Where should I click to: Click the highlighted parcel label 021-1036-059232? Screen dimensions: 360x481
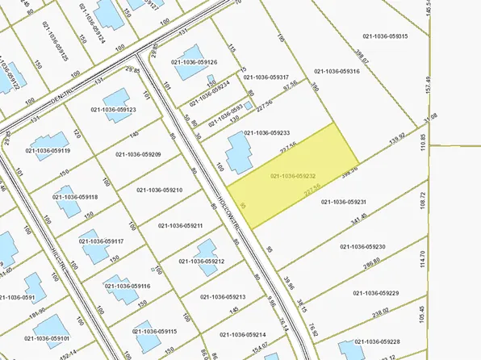tap(292, 175)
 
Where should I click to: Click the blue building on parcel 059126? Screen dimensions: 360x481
tap(189, 69)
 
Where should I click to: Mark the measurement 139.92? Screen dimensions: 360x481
tap(396, 138)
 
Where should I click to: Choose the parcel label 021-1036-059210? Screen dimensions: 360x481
tap(160, 190)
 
